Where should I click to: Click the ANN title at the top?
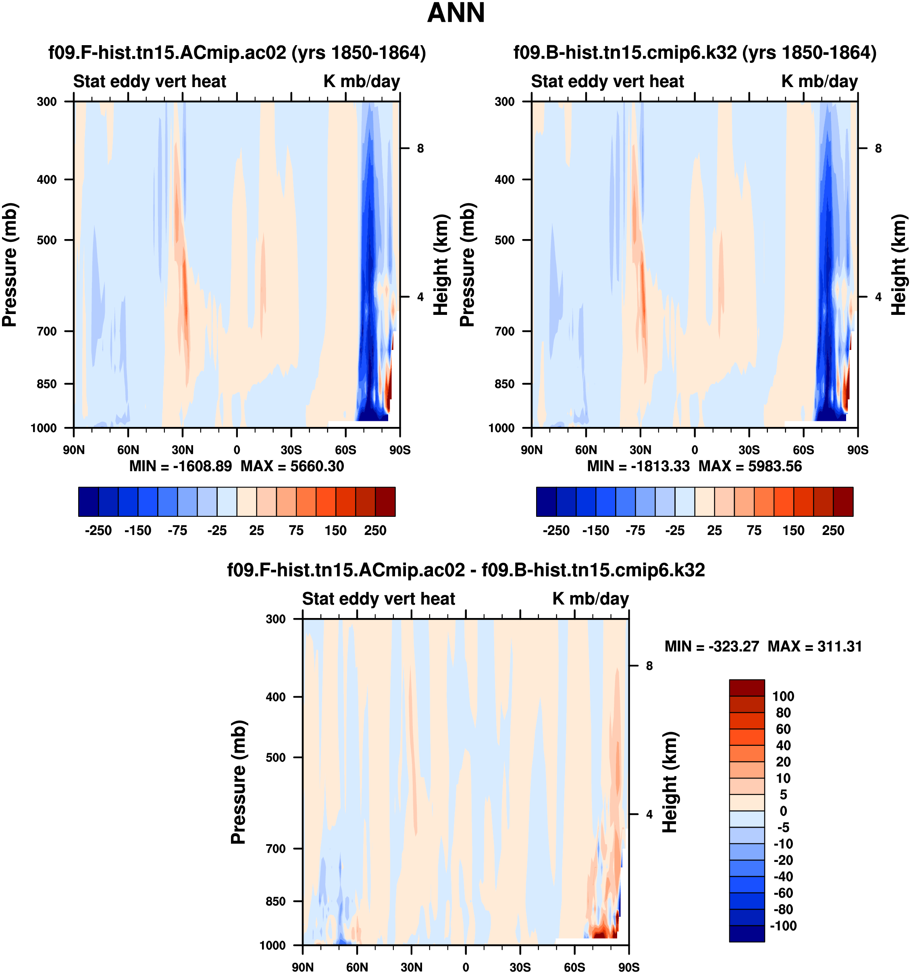coord(455,13)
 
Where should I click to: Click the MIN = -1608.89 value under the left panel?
coord(180,466)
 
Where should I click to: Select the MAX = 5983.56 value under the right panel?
coord(750,466)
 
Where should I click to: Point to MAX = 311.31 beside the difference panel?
coord(815,646)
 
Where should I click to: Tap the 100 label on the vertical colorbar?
coord(783,696)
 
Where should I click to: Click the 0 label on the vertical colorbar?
coord(783,811)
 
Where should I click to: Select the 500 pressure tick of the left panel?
coord(47,240)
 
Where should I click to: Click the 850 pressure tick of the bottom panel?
coord(276,901)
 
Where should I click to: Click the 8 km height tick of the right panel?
coord(878,148)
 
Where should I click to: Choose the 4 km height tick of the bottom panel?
coord(649,814)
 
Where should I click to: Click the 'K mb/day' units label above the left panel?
coord(362,81)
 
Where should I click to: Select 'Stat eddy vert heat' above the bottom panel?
coord(378,599)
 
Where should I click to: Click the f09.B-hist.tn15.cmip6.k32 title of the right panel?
coord(695,52)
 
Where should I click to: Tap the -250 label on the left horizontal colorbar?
coord(98,531)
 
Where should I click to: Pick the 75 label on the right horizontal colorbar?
coord(754,531)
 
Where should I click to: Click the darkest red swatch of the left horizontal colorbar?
coord(385,502)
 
